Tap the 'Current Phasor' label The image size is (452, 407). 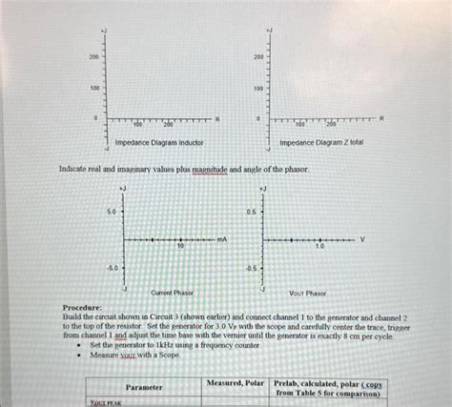[173, 293]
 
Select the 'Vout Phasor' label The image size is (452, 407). [307, 293]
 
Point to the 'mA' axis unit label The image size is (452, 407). [221, 238]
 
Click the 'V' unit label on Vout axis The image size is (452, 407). [362, 238]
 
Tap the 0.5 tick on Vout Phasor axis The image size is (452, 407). [251, 212]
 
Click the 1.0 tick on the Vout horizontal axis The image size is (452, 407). [321, 246]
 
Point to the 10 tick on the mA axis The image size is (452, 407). [179, 246]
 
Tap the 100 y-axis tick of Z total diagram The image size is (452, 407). [257, 89]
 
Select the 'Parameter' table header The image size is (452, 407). [144, 387]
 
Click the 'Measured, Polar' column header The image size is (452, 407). [236, 382]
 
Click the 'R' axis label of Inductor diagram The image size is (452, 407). [216, 117]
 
